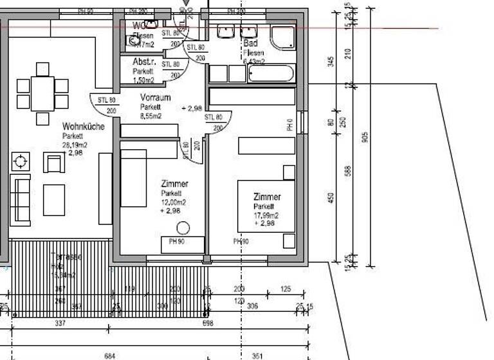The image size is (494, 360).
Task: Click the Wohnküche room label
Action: [x=83, y=127]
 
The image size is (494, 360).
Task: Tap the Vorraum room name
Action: [x=156, y=98]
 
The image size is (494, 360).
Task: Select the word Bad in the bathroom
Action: [x=250, y=43]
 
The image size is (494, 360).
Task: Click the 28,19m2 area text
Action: [x=75, y=145]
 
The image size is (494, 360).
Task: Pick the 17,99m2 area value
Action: [x=266, y=215]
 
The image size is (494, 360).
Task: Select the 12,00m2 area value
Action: [x=174, y=202]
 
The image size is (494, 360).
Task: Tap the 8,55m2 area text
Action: [x=151, y=116]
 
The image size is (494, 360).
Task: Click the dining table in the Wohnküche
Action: [x=42, y=93]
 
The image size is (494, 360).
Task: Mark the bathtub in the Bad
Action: [x=271, y=73]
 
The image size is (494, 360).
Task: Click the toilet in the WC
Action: [x=134, y=40]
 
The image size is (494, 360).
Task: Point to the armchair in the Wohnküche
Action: [x=53, y=163]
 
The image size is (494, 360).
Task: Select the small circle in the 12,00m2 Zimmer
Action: [x=183, y=227]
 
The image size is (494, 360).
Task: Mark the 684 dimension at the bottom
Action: [x=110, y=355]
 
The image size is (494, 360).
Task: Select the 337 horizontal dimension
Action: [x=60, y=323]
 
